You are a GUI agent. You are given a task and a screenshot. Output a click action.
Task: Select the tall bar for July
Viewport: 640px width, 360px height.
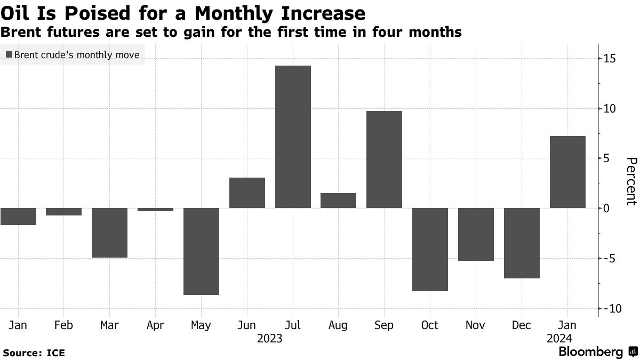click(293, 137)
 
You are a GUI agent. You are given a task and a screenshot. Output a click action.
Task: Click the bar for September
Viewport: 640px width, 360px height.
click(384, 159)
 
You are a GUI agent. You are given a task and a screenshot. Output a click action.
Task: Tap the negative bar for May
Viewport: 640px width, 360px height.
click(201, 251)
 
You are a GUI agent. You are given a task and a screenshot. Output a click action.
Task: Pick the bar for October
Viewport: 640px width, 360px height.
click(430, 250)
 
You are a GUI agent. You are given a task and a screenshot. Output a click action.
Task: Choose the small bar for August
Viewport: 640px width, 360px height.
click(338, 201)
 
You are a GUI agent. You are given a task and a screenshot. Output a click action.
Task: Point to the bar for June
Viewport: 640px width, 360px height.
click(247, 193)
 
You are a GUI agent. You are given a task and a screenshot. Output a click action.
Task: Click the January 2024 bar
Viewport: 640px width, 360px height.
click(567, 172)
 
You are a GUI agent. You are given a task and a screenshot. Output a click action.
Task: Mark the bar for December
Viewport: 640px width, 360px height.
click(522, 243)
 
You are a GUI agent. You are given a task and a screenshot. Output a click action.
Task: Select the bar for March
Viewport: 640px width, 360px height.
click(109, 233)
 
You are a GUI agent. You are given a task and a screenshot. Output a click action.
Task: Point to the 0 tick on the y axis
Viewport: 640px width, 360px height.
click(606, 208)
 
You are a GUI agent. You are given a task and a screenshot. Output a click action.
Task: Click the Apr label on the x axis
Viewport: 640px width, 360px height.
click(155, 325)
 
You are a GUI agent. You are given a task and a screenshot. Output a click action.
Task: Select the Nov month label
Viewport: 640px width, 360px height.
click(476, 325)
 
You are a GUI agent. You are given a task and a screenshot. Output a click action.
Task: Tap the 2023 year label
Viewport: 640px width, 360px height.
click(269, 339)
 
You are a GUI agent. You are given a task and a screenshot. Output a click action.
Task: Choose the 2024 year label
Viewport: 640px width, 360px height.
click(559, 339)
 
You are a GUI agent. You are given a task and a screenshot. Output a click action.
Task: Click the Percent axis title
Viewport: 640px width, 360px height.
click(631, 181)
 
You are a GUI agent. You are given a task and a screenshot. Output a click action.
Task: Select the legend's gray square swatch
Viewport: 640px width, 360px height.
click(9, 54)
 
